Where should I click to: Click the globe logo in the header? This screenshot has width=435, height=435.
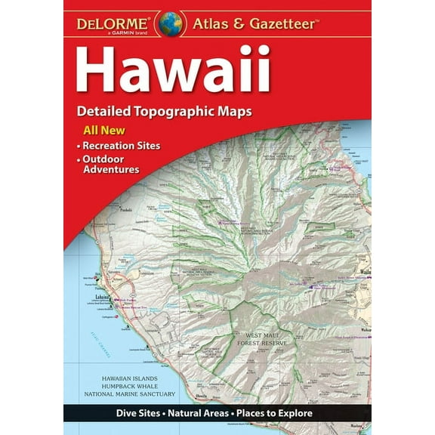click(x=170, y=23)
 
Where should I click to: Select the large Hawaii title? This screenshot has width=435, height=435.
click(x=173, y=70)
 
